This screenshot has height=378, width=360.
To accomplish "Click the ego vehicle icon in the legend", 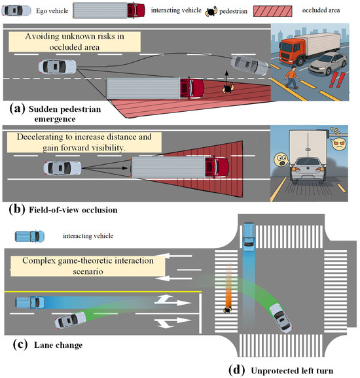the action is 16,10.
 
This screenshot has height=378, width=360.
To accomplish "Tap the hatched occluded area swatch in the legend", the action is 273,11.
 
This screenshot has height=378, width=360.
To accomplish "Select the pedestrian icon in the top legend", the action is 211,12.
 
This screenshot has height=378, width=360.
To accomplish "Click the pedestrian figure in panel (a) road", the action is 228,88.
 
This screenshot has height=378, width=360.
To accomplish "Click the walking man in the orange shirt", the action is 292,77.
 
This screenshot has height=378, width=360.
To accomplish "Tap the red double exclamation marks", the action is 336,80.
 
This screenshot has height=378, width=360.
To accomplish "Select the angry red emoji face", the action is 338,144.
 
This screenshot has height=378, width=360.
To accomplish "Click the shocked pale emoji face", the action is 281,160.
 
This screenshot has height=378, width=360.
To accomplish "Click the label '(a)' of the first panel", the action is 17,109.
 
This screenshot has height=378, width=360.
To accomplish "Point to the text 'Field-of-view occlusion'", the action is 73,210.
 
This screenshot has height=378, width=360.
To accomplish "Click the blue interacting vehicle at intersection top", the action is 249,237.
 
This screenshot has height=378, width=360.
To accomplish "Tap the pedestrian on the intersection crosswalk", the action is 228,310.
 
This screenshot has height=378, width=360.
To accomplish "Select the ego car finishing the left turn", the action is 280,318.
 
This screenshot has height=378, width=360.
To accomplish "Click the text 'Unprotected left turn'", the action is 292,371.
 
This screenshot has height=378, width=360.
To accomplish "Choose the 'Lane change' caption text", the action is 58,345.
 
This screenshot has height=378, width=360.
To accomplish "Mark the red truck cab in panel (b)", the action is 217,167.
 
